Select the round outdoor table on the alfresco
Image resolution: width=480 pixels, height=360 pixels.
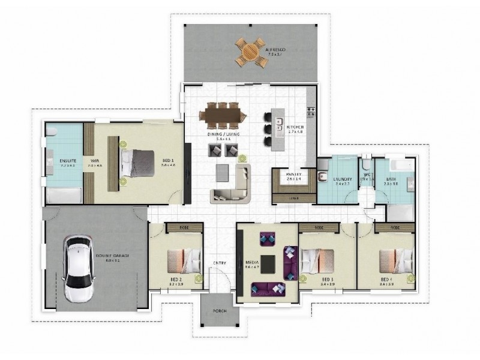(250, 52)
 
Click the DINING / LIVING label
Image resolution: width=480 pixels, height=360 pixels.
(223, 134)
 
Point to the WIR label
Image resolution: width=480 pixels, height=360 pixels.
(94, 161)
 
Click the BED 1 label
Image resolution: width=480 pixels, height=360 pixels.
(167, 161)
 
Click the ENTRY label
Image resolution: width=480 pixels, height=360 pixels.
(219, 262)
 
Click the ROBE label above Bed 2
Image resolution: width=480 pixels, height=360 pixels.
(176, 227)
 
